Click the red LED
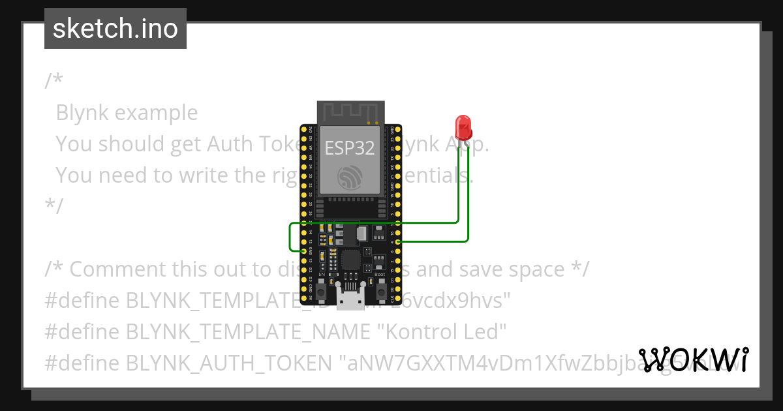pos(463,127)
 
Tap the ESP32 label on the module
pos(350,148)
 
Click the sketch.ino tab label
pos(115,29)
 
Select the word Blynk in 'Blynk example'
pos(83,113)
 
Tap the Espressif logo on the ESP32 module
pos(350,178)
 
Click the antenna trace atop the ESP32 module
pos(350,112)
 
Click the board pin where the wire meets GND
pos(304,251)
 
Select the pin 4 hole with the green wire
pos(397,241)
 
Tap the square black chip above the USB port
pos(351,260)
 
